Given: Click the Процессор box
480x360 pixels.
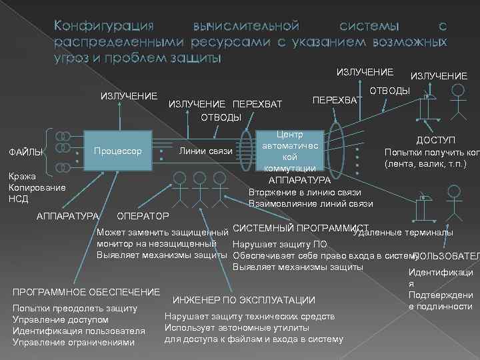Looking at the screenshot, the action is (117, 152).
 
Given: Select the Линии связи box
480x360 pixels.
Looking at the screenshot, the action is (207, 152).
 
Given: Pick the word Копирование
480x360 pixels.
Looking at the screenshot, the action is (37, 188).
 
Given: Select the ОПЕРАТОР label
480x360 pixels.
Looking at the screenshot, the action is (143, 217).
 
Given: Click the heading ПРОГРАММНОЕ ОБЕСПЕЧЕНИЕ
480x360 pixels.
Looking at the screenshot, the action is (87, 292).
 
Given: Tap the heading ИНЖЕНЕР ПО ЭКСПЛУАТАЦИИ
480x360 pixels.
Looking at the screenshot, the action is (244, 300).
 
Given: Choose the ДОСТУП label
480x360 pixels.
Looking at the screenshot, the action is (436, 141).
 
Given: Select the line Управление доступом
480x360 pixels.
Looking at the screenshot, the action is (65, 320).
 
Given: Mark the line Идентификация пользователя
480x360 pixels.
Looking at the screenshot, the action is (79, 331).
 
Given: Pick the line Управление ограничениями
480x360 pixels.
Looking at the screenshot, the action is (73, 343).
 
